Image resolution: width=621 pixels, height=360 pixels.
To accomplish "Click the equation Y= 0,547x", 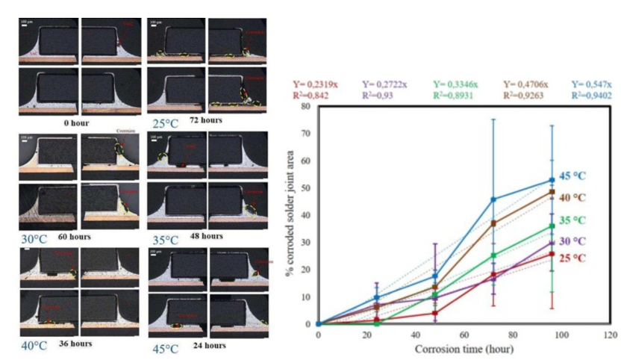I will point(591,84).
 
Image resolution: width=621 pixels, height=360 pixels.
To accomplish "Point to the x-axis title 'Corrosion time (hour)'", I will point(464,349).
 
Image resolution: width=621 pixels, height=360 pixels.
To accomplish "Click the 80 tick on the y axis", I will point(306,106).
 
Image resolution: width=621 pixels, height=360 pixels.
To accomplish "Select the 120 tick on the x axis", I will point(611,336).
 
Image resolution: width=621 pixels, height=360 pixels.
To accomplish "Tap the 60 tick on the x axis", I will point(464,336).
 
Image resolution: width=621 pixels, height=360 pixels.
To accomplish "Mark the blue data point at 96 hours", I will point(552,180).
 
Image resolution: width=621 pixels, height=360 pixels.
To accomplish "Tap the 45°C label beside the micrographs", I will point(165,349).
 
